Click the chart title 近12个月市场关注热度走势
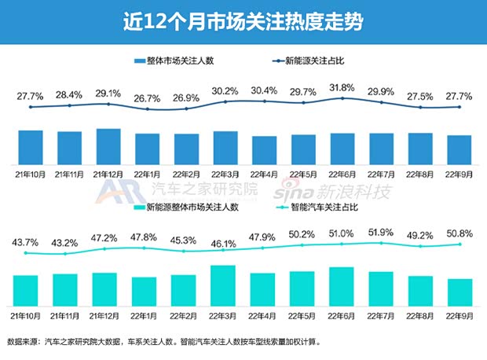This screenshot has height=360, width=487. point(243,20)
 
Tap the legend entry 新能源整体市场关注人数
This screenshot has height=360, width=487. point(187,208)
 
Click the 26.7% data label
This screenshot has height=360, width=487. point(147,99)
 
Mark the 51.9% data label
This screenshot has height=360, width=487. point(381,232)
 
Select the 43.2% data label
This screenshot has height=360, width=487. point(69,242)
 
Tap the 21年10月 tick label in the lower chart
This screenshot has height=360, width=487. point(31,316)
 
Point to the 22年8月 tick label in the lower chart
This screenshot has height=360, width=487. point(419,316)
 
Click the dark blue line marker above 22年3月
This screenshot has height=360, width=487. point(225,101)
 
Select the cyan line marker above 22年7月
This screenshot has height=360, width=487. point(381,243)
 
